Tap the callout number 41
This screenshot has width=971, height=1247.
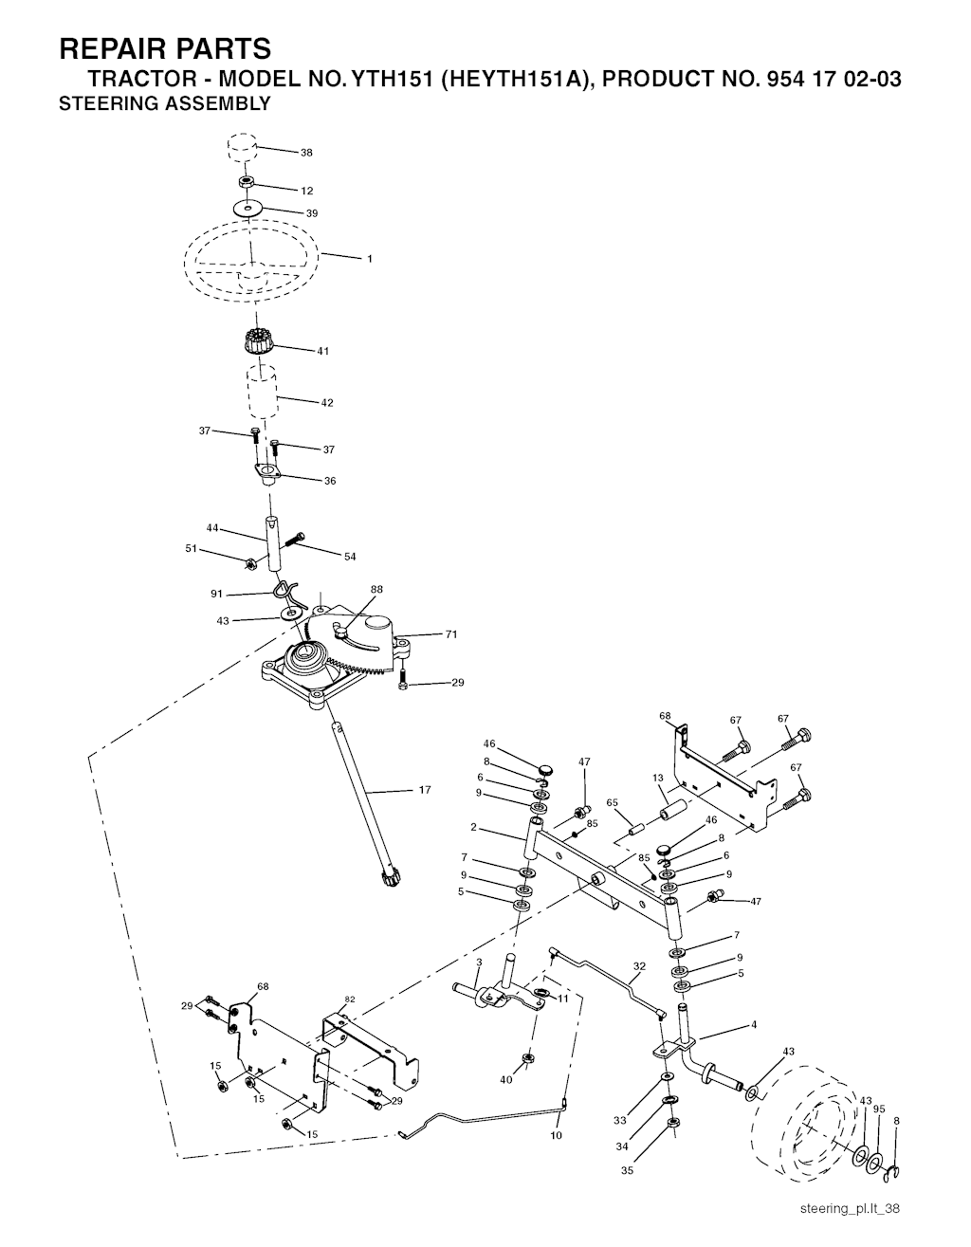323,352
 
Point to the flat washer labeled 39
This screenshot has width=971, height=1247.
246,207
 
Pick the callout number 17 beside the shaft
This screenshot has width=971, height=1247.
424,790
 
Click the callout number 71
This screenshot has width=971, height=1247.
451,634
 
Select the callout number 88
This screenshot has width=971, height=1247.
376,590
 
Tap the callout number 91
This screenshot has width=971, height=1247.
216,594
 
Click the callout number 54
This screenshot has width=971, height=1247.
350,557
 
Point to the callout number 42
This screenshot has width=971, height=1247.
327,403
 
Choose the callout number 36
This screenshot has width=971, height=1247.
330,481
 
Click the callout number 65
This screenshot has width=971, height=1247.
612,802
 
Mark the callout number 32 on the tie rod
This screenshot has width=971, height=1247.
639,966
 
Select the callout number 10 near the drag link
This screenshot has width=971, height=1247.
556,1135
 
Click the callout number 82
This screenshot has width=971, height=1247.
350,1000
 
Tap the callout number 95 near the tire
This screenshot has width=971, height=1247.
879,1109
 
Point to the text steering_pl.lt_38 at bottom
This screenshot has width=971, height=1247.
849,1208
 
